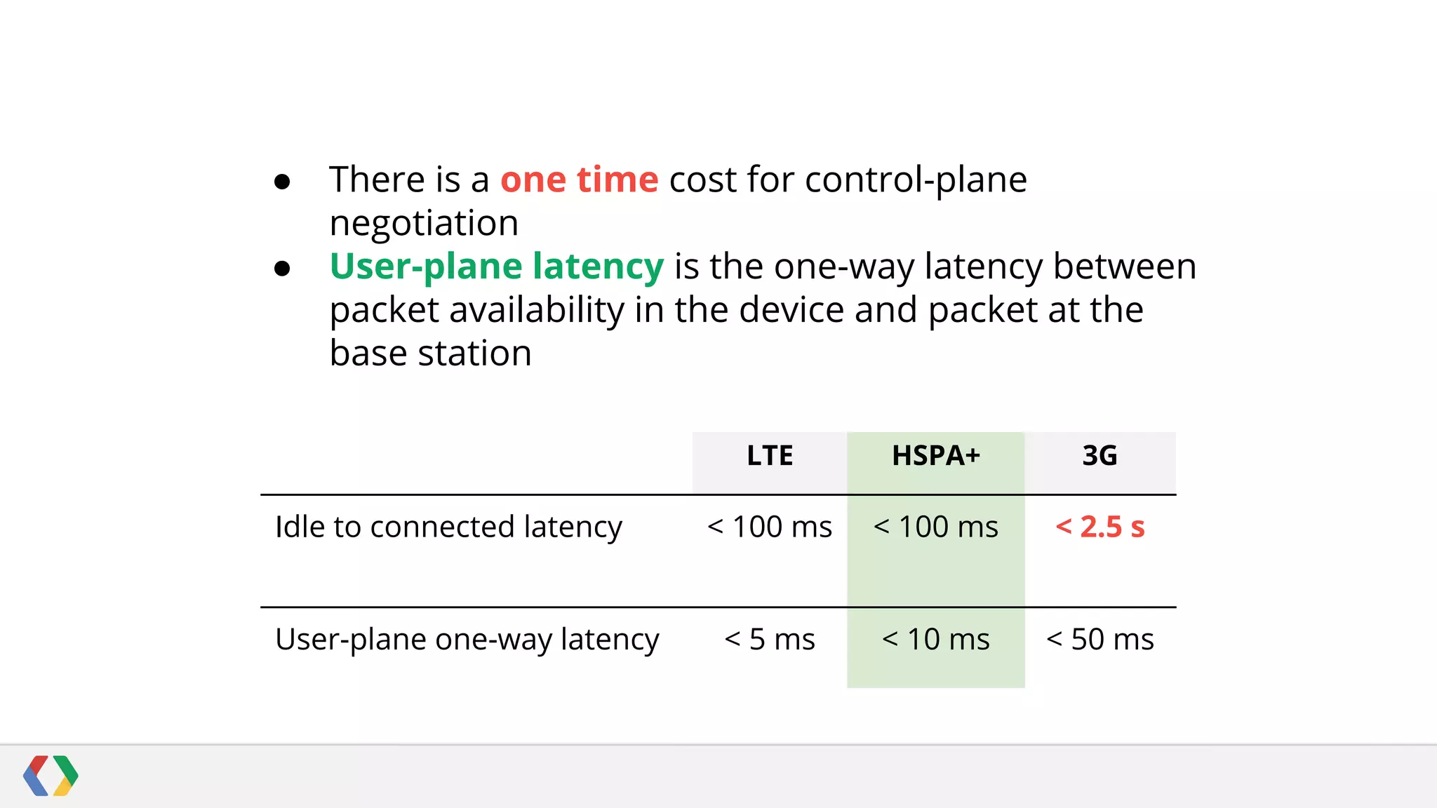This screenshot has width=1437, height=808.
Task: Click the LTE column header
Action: tap(770, 456)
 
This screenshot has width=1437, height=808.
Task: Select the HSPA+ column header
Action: tap(935, 456)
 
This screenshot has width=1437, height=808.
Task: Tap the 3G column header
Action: tap(1100, 456)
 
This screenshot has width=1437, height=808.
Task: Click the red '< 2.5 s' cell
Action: tap(1100, 527)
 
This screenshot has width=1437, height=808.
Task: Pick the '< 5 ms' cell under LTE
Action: tap(770, 639)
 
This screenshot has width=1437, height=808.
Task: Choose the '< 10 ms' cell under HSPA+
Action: tap(935, 639)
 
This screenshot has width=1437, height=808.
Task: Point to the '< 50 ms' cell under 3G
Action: tap(1100, 639)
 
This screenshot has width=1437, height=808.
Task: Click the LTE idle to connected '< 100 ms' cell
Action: tap(770, 527)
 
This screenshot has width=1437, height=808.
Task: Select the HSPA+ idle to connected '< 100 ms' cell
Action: tap(935, 527)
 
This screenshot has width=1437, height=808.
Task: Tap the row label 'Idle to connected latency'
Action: tap(448, 527)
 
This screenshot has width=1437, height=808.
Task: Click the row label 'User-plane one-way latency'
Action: tap(467, 639)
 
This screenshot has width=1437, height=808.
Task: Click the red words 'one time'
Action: tap(579, 180)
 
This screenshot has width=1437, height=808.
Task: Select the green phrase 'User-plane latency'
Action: tap(496, 267)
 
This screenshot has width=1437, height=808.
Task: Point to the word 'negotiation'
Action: tap(424, 224)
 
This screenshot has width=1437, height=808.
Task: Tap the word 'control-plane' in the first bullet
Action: tap(916, 180)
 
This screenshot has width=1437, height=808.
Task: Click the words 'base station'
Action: tap(430, 353)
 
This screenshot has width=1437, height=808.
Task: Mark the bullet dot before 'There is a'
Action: tap(282, 182)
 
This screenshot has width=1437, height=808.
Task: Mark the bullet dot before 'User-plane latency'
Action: tap(282, 269)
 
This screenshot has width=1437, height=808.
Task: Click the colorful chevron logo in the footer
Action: tap(51, 776)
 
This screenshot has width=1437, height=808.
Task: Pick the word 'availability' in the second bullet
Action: tap(537, 310)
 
